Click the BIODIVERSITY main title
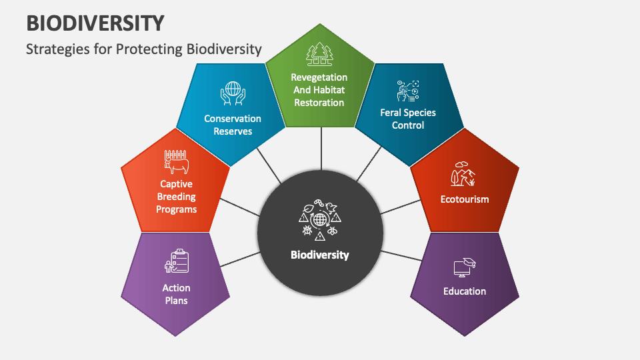click(95, 23)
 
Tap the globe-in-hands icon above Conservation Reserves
click(233, 93)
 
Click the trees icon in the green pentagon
click(319, 53)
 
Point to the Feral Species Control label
click(408, 119)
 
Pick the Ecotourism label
click(465, 199)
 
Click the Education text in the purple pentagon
click(465, 291)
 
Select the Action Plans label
click(176, 294)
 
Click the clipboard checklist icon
click(176, 261)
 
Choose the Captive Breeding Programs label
click(177, 197)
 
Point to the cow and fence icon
click(177, 162)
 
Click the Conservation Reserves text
click(233, 125)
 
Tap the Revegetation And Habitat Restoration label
click(319, 90)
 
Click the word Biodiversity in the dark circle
click(320, 255)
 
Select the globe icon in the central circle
click(320, 218)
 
